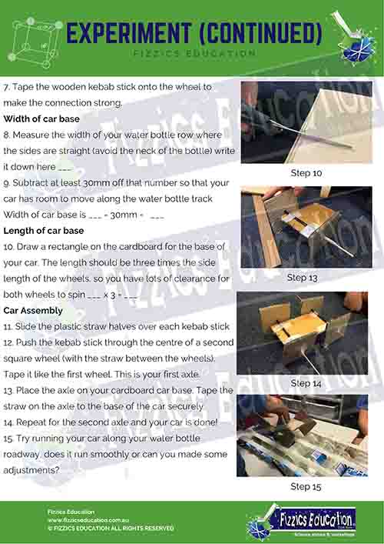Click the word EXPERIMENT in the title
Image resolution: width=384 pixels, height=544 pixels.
tap(129, 33)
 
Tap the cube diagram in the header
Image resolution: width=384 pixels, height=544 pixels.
tap(35, 42)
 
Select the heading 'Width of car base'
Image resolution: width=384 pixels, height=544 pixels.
tap(41, 119)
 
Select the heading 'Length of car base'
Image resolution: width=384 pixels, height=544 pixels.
tap(44, 231)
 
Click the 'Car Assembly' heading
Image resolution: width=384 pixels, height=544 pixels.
tap(33, 311)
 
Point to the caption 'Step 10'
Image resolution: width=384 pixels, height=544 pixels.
tap(306, 173)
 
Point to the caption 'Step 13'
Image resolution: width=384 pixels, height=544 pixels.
tap(303, 278)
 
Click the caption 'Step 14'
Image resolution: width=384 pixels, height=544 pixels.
tap(306, 383)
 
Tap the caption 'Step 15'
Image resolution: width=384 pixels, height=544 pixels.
tap(306, 487)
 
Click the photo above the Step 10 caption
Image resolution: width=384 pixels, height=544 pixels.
tap(306, 122)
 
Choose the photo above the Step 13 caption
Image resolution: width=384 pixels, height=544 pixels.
tap(306, 227)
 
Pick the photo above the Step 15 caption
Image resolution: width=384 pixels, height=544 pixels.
tap(303, 436)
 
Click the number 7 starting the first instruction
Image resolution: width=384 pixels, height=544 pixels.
tap(5, 87)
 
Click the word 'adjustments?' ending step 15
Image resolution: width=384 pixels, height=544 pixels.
tap(31, 471)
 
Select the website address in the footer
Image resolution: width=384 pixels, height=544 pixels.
tap(88, 520)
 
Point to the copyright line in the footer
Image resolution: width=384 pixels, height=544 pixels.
tap(111, 529)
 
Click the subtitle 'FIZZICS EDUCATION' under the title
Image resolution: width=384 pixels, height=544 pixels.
tap(194, 53)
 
